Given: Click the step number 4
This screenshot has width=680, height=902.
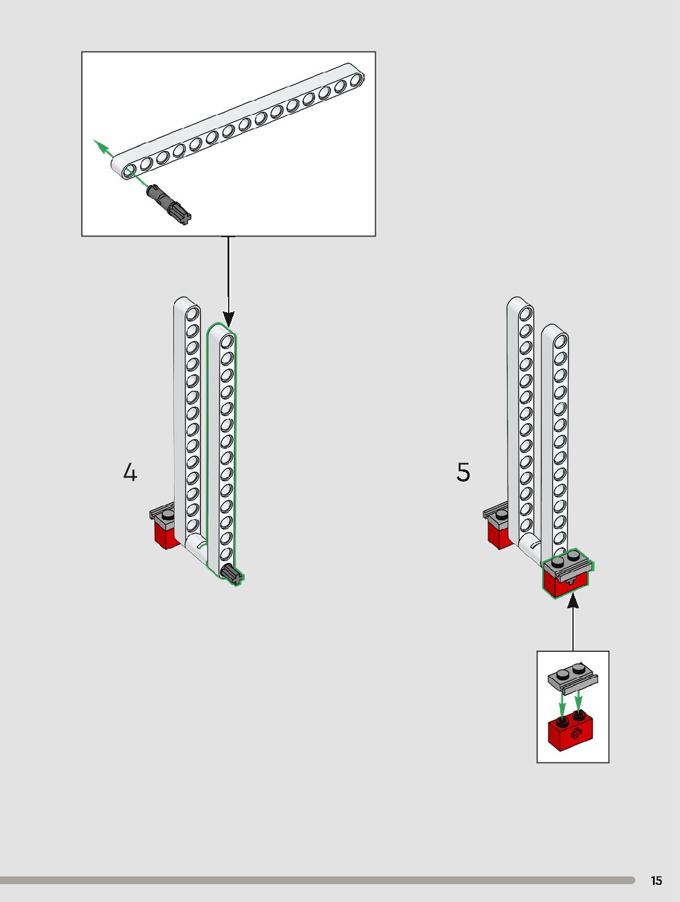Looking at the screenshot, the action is (130, 473).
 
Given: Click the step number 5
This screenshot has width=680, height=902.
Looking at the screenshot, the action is (463, 473).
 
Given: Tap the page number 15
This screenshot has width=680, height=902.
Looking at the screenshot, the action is (656, 880).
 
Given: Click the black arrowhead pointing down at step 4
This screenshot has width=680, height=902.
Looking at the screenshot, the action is (228, 319).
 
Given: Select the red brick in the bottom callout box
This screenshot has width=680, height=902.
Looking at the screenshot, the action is (571, 731).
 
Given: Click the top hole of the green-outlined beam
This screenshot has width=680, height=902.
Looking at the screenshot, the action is (227, 341).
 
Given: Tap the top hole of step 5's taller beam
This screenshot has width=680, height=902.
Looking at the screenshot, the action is (526, 315).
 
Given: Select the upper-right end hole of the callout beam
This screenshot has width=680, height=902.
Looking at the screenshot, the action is (355, 79).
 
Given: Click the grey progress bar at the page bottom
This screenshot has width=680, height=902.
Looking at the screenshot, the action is (317, 880).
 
